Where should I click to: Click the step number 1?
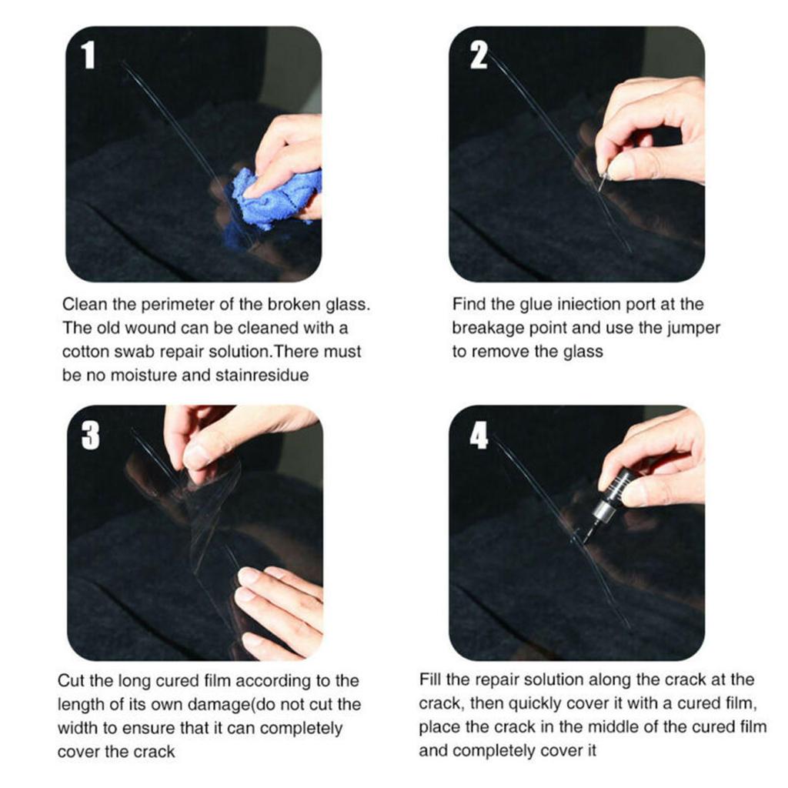88,55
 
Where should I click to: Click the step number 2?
479,55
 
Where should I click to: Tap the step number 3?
90,436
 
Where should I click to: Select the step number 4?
479,436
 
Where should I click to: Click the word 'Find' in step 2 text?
469,305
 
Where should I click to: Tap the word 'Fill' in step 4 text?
432,680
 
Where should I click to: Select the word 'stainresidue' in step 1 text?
265,375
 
